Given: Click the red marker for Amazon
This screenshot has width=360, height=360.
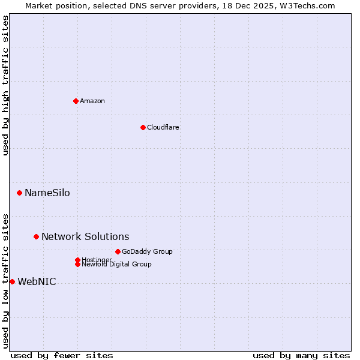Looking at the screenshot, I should tap(76, 101).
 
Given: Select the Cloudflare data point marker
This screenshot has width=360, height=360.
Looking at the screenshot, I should tap(143, 127).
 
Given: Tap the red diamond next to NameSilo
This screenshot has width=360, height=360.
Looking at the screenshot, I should tap(20, 193).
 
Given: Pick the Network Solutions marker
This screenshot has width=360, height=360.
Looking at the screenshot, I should tap(36, 236).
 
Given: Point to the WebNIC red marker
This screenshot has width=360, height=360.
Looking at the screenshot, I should tap(13, 281).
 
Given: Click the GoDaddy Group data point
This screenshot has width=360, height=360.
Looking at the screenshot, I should tap(118, 251).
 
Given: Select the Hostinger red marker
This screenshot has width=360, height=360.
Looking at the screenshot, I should tap(77, 260).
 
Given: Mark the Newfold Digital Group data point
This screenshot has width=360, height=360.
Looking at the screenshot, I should tap(77, 265).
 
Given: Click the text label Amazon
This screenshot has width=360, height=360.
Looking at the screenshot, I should tap(92, 101).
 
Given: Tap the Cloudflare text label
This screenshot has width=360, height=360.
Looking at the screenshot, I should tap(163, 127).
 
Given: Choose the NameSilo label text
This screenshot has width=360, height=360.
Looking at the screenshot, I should tap(47, 193).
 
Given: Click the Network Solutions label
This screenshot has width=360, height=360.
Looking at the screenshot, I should tap(85, 236).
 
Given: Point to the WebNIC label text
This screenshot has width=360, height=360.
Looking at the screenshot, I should tap(37, 281).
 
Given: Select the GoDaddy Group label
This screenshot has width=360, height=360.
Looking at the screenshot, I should tap(147, 251).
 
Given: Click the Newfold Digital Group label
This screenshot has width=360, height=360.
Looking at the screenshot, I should tap(117, 265).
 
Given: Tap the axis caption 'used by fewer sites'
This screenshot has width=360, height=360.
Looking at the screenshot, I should tap(62, 355).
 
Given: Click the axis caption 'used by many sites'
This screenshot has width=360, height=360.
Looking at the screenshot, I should tap(301, 355).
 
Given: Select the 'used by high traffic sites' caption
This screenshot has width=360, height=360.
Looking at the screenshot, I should tap(5, 85).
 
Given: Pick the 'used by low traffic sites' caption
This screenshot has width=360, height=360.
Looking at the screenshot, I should tap(5, 280).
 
